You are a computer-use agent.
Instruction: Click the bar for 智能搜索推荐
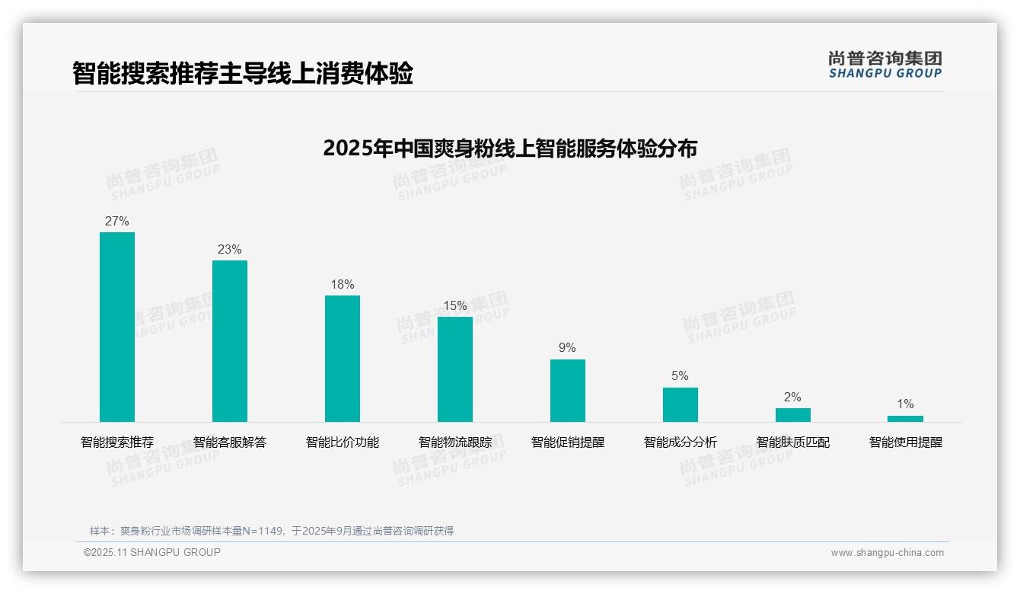click(117, 327)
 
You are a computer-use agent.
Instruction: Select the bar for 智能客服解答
click(230, 341)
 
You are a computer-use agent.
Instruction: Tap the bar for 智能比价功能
click(343, 359)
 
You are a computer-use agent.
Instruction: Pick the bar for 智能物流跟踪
click(455, 369)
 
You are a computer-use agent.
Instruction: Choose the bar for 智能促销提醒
click(568, 391)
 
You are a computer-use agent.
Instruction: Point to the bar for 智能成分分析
click(681, 404)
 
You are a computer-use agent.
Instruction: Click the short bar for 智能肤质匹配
click(793, 415)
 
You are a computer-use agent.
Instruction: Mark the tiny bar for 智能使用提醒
click(905, 419)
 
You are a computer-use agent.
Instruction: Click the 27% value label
click(117, 222)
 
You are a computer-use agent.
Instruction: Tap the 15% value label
click(455, 306)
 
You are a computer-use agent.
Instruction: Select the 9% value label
click(568, 348)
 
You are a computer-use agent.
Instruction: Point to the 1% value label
click(905, 404)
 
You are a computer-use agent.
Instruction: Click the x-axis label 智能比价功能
click(343, 442)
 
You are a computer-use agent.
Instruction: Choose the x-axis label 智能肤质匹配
click(793, 442)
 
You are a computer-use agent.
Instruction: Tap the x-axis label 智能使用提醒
click(906, 442)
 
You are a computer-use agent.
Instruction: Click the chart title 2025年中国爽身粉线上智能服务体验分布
click(510, 148)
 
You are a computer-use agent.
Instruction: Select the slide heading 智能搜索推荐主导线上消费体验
click(243, 74)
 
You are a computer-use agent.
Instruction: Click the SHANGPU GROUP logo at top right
click(885, 65)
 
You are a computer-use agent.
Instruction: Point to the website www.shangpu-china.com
click(887, 553)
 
